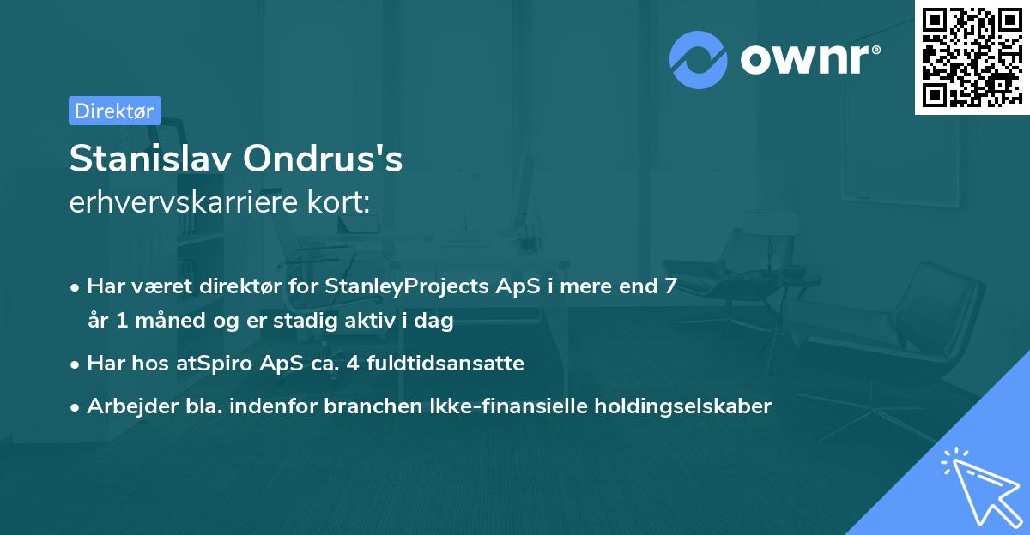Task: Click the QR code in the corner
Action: (972, 57)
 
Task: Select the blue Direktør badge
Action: (114, 111)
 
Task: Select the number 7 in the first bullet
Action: (670, 286)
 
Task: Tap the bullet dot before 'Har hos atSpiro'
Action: (76, 364)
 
